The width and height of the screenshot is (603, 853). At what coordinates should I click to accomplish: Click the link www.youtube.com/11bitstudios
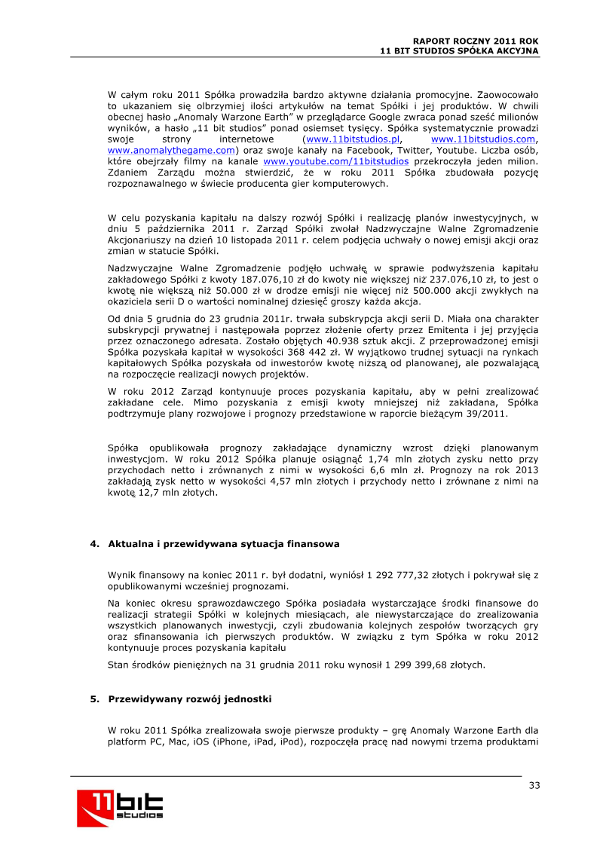(335, 161)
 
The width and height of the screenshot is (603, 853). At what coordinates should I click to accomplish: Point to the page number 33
(534, 785)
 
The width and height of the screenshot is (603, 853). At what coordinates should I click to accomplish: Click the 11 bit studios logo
(120, 806)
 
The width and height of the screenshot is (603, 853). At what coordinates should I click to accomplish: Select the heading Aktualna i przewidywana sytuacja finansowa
(224, 543)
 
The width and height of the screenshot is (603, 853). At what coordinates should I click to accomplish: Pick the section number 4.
(93, 543)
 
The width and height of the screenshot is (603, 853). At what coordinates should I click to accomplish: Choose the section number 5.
(93, 699)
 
